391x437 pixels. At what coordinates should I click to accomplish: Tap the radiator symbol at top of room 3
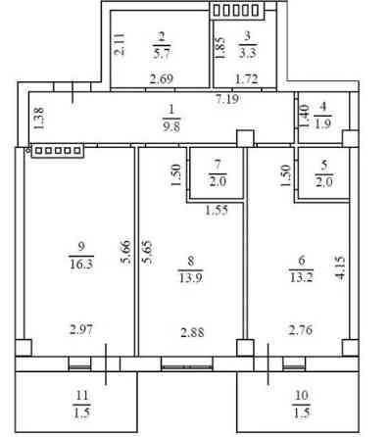click(x=236, y=10)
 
